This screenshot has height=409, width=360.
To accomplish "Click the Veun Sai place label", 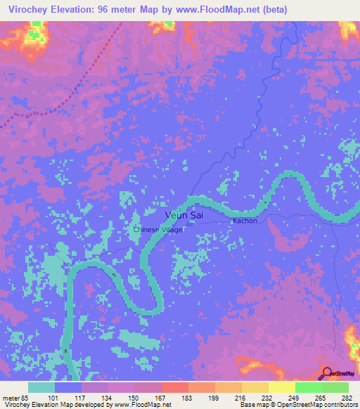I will [x=184, y=215].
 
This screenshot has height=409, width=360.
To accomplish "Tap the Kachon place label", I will [x=245, y=221].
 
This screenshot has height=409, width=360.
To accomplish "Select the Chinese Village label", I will [x=158, y=230].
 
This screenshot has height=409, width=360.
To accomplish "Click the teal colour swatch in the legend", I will [x=41, y=387].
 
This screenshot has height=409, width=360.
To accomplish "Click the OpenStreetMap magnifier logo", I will [x=328, y=373].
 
